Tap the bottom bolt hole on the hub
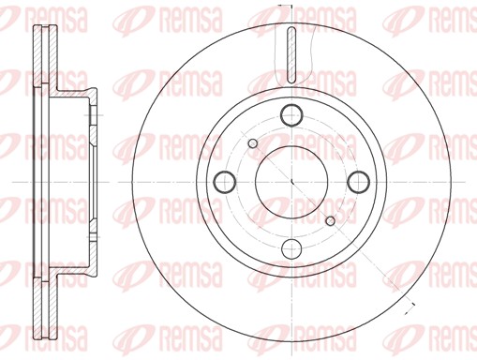[292, 248]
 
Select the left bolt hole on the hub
[225, 181]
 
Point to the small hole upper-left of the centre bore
[255, 142]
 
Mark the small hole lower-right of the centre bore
[330, 219]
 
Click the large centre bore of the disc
[292, 181]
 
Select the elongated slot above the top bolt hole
[292, 53]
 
